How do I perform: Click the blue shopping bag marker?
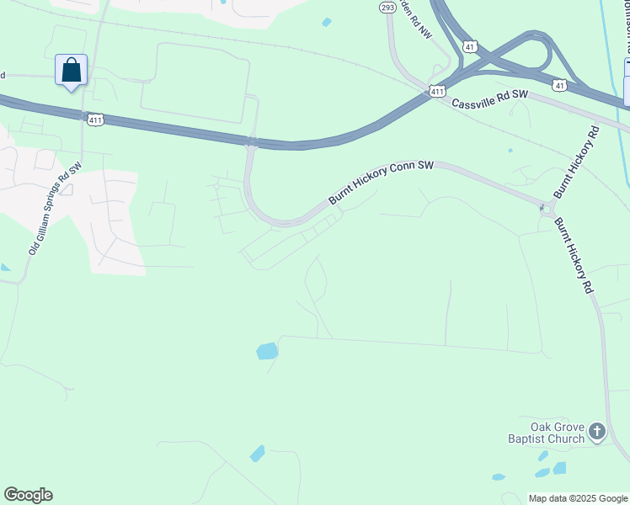72,70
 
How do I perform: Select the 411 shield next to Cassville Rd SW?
435,91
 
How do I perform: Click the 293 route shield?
387,8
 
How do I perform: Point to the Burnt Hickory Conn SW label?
381,183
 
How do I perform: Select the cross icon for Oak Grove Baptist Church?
596,433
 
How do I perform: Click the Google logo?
28,495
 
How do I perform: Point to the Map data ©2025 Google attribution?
578,498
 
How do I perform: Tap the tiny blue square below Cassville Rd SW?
510,151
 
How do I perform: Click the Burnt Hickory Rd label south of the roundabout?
573,254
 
